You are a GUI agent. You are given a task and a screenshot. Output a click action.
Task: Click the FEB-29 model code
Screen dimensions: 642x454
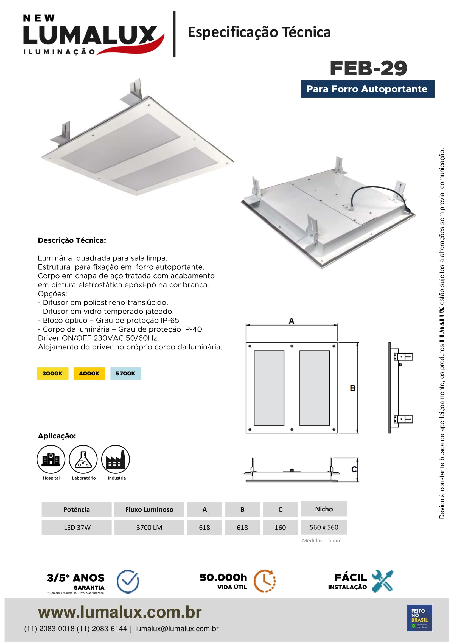(x=368, y=69)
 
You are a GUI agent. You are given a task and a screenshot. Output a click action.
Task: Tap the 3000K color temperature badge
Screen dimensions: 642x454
(x=52, y=373)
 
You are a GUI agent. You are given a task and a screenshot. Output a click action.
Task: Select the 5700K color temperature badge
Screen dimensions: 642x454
(x=125, y=373)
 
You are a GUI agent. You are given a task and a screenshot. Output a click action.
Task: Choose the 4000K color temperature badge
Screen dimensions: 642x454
(x=89, y=373)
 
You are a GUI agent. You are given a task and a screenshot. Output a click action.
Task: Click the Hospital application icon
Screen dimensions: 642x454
(x=51, y=459)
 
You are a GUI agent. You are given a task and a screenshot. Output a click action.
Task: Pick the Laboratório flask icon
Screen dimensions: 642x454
(x=83, y=459)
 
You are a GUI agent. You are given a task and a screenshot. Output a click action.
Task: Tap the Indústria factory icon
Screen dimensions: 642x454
(x=116, y=459)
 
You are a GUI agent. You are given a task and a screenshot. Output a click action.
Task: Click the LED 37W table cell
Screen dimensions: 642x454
(x=77, y=527)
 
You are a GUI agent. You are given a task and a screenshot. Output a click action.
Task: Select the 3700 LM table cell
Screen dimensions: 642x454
(x=149, y=527)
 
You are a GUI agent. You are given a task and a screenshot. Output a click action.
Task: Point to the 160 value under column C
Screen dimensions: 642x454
(x=280, y=527)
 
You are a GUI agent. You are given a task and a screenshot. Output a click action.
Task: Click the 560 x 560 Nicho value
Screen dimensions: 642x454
(x=324, y=527)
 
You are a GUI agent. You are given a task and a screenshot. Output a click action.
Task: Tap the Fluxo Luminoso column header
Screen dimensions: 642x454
(x=149, y=509)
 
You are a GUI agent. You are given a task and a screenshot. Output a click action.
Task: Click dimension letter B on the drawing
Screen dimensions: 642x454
(x=353, y=388)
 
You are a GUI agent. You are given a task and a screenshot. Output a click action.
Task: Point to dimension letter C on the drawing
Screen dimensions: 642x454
(x=354, y=469)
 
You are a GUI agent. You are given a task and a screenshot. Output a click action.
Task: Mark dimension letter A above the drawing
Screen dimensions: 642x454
(x=291, y=321)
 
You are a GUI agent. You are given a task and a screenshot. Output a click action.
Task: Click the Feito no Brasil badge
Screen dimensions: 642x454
(x=419, y=618)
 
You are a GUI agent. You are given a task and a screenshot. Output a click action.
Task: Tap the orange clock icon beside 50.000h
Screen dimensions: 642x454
(x=264, y=581)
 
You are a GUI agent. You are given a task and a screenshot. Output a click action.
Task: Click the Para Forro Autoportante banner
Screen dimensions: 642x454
(x=367, y=89)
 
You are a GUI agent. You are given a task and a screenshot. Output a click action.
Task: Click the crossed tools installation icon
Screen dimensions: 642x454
(x=382, y=581)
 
